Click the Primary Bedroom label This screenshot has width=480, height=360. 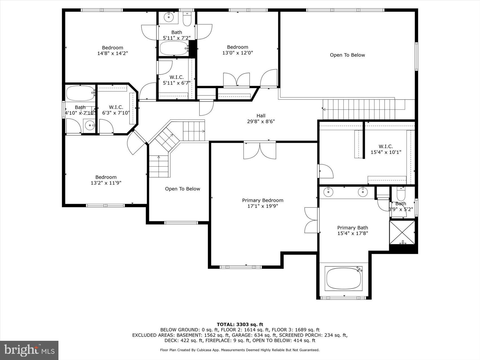(x=263, y=200)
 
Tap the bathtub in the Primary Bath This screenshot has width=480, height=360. (x=344, y=278)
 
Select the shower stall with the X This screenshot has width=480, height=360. (x=402, y=232)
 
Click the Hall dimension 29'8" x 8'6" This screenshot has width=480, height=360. (x=261, y=122)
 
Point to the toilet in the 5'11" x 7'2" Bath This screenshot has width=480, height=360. (x=187, y=19)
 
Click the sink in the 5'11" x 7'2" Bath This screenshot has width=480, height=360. (x=169, y=17)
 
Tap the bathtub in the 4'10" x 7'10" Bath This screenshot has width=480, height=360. (x=80, y=93)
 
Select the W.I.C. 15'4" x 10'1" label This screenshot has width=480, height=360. (x=386, y=149)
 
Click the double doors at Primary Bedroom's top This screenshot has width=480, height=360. (x=260, y=150)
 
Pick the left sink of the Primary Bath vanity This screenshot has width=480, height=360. (x=328, y=192)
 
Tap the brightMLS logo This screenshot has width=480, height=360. (x=29, y=350)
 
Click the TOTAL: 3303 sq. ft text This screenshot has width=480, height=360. (x=240, y=324)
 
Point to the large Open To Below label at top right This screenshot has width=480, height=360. (x=347, y=55)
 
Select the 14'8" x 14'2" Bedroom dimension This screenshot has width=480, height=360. (x=112, y=53)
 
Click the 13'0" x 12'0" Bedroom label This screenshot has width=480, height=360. (x=237, y=50)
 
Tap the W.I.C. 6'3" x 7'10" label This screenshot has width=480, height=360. (x=116, y=110)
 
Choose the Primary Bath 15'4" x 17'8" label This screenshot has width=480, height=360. (x=353, y=230)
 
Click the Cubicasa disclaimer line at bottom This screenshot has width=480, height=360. (x=240, y=350)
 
